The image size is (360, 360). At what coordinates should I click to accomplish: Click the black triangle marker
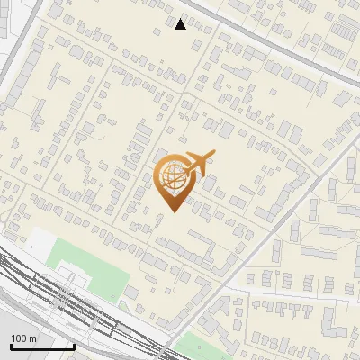point(181,23)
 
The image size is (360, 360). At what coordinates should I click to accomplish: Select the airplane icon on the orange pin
point(199,163)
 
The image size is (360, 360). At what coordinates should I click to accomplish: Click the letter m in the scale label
point(33,338)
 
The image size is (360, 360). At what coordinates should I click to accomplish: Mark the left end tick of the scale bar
point(11,346)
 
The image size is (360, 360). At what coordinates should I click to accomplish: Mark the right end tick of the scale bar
point(74,346)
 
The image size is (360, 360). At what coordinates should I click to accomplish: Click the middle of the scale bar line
point(42,347)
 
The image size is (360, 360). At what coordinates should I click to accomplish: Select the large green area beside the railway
point(90,270)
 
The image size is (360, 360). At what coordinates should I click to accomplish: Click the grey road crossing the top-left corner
point(22,54)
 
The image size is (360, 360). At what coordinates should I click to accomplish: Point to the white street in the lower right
point(297,292)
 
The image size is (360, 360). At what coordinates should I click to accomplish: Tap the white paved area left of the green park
point(40,243)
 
